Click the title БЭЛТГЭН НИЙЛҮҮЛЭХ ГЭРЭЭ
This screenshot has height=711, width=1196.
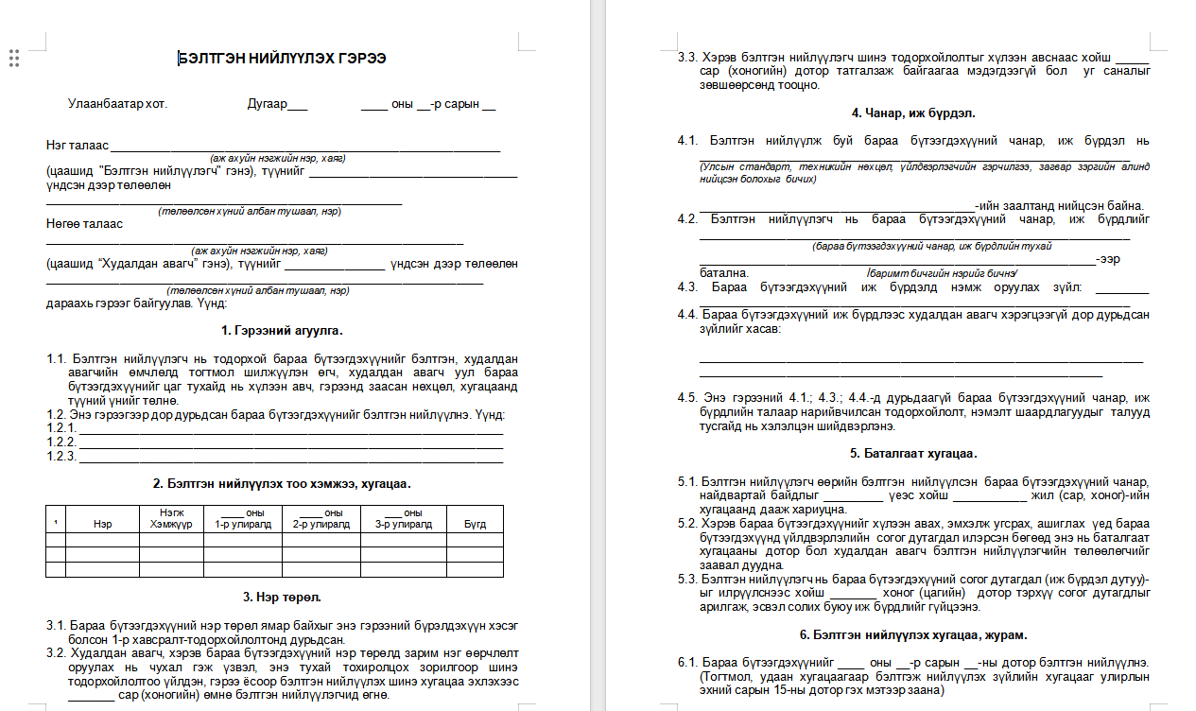pyautogui.click(x=282, y=59)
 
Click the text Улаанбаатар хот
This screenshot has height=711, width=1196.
pyautogui.click(x=117, y=104)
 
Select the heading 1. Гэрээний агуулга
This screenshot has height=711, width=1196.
pyautogui.click(x=282, y=330)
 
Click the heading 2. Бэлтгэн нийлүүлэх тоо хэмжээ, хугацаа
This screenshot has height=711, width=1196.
pyautogui.click(x=282, y=483)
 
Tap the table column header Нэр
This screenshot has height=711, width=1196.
pyautogui.click(x=102, y=523)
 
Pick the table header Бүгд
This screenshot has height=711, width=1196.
pyautogui.click(x=475, y=523)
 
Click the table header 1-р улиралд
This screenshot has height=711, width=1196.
pyautogui.click(x=243, y=523)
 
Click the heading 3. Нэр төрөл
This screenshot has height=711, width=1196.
pyautogui.click(x=282, y=597)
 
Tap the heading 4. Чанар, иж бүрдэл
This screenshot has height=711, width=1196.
pyautogui.click(x=912, y=113)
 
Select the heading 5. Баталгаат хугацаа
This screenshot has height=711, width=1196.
pyautogui.click(x=912, y=453)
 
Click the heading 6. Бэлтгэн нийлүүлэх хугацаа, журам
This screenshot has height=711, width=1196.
pyautogui.click(x=912, y=634)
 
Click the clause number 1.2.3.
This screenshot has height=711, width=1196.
pyautogui.click(x=61, y=457)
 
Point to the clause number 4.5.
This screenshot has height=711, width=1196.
pyautogui.click(x=688, y=398)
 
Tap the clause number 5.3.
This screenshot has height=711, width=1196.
pyautogui.click(x=687, y=580)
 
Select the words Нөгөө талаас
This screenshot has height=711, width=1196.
pyautogui.click(x=84, y=224)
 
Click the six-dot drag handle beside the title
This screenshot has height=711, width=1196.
pyautogui.click(x=14, y=59)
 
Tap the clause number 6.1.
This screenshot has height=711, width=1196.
pyautogui.click(x=687, y=662)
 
